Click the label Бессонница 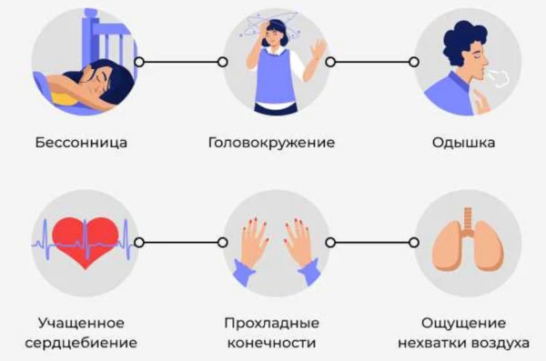pos(81,143)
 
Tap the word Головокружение pos(272,143)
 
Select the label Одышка pos(463,143)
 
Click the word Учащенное pos(81,324)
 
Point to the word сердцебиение pos(81,343)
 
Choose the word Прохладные pos(272,324)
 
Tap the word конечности pos(272,343)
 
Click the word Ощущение pos(463,324)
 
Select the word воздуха pos(501,343)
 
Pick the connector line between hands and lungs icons pos(372,243)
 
